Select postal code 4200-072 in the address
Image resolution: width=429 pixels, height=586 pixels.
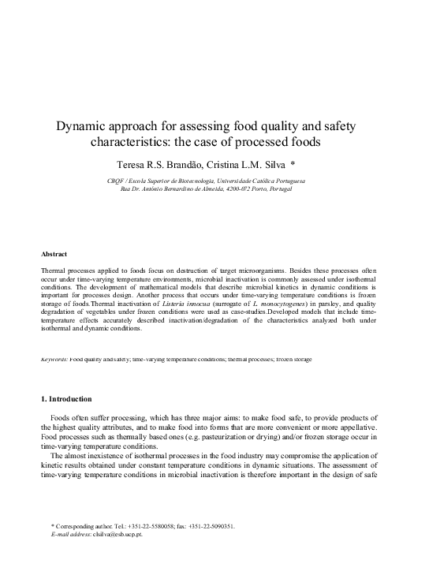[257, 189]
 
